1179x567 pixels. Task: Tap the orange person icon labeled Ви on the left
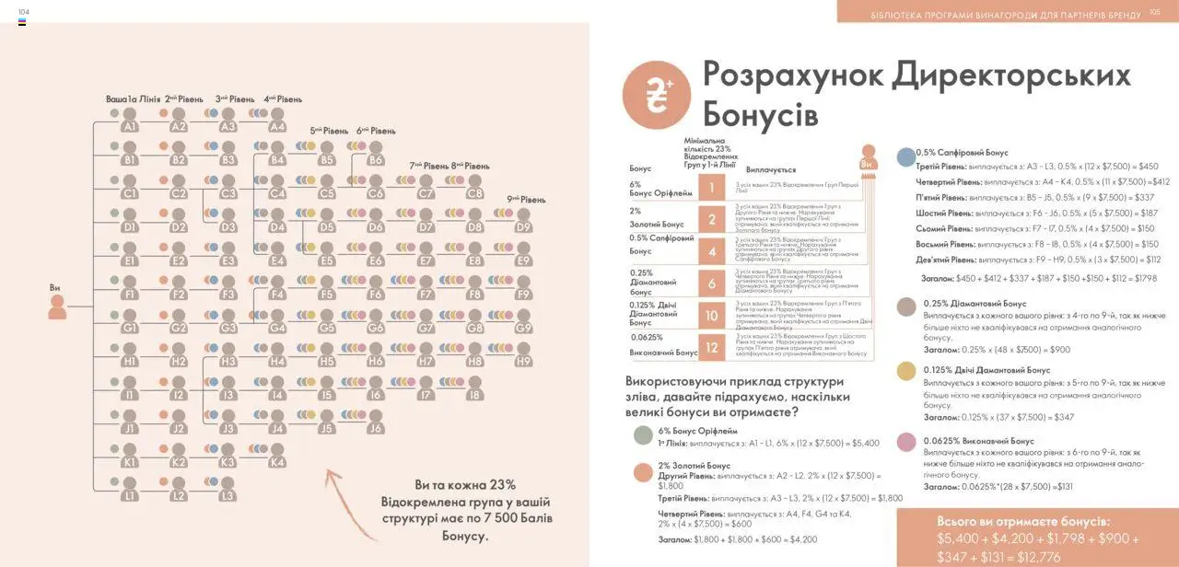[x=57, y=307]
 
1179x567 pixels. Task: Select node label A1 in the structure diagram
[x=129, y=127]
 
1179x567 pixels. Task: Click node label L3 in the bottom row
[x=228, y=496]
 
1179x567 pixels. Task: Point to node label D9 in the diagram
[x=523, y=227]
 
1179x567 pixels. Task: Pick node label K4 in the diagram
[x=277, y=462]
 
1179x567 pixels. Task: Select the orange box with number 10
[x=711, y=316]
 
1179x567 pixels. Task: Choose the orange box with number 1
[x=711, y=190]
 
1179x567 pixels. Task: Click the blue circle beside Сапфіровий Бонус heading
[x=906, y=156]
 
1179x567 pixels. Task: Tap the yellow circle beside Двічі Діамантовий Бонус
[x=906, y=371]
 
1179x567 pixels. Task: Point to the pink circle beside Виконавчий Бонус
[x=906, y=442]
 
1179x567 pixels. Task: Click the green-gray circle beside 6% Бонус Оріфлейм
[x=642, y=434]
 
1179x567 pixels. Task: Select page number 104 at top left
[x=24, y=11]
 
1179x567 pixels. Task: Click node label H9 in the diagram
[x=523, y=362]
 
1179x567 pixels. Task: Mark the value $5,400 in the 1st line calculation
[x=861, y=443]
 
